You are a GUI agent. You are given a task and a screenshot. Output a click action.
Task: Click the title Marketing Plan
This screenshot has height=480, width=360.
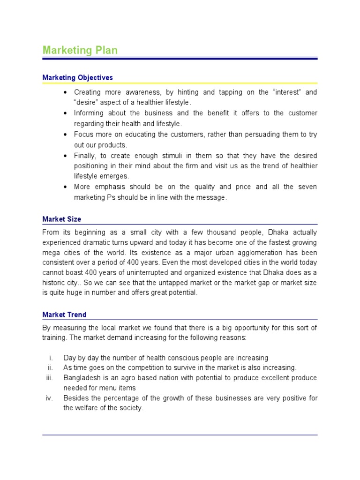(x=80, y=50)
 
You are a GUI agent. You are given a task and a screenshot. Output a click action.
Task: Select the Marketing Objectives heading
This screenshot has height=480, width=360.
(x=77, y=77)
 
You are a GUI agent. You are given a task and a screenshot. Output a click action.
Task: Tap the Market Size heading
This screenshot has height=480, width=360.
(x=61, y=219)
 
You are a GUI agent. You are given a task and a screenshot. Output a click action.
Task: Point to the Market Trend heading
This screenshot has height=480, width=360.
(x=64, y=315)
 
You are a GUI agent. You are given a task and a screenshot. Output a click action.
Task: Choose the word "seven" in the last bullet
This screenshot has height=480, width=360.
(x=307, y=187)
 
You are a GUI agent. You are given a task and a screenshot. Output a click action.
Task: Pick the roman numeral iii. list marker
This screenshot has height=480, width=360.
(x=50, y=378)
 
